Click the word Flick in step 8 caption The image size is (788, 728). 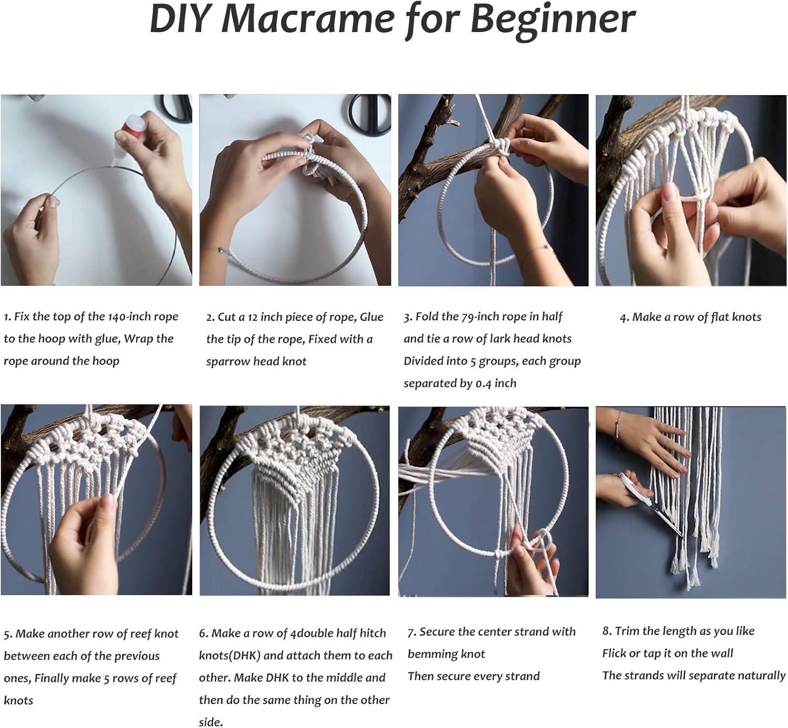pyautogui.click(x=614, y=653)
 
